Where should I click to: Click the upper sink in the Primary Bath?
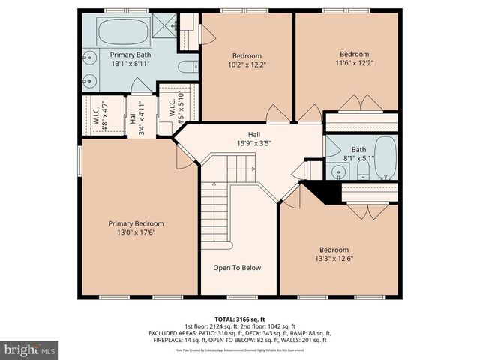pyautogui.click(x=89, y=57)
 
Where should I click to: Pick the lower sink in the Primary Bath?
pyautogui.click(x=89, y=80)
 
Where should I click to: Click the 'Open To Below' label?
pyautogui.click(x=237, y=268)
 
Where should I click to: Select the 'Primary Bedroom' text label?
pyautogui.click(x=136, y=223)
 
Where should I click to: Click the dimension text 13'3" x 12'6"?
pyautogui.click(x=334, y=259)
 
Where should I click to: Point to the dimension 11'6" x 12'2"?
pyautogui.click(x=355, y=64)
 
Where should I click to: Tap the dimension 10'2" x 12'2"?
pyautogui.click(x=246, y=65)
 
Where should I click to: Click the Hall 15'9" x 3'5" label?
pyautogui.click(x=254, y=139)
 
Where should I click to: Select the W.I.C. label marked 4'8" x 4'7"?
pyautogui.click(x=96, y=116)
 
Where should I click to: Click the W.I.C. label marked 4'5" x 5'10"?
pyautogui.click(x=171, y=115)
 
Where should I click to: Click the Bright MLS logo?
pyautogui.click(x=30, y=349)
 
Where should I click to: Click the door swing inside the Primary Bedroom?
pyautogui.click(x=182, y=154)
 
